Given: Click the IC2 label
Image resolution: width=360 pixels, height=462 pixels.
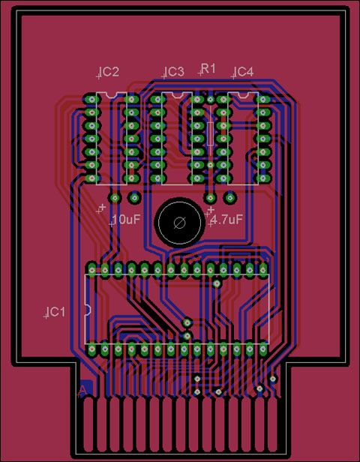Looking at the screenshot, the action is pyautogui.click(x=109, y=72).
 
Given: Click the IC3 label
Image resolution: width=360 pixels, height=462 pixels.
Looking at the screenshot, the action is pyautogui.click(x=175, y=72).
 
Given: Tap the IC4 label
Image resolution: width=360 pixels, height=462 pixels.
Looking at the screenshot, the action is pyautogui.click(x=244, y=72).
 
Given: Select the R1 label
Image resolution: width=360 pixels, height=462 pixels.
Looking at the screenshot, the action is pyautogui.click(x=208, y=69).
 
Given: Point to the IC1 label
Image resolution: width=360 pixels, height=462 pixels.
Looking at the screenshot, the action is pyautogui.click(x=56, y=312).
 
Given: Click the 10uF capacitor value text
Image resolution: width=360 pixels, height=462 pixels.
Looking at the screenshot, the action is pyautogui.click(x=126, y=219).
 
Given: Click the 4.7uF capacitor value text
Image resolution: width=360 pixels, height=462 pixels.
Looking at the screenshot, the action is pyautogui.click(x=226, y=219).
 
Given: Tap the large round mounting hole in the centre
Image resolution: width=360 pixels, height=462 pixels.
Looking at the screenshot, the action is pyautogui.click(x=179, y=223).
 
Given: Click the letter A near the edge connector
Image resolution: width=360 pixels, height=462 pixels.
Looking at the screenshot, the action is pyautogui.click(x=82, y=390).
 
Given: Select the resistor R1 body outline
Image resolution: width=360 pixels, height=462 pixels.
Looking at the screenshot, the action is pyautogui.click(x=210, y=133).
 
